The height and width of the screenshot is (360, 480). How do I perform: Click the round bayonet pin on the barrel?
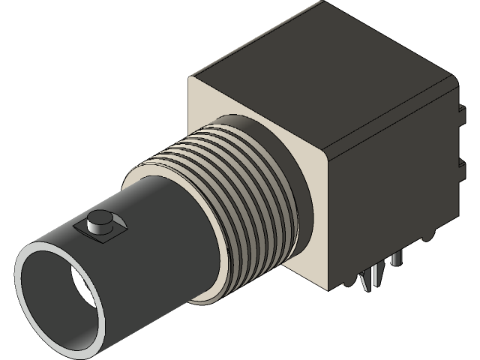point(98,221)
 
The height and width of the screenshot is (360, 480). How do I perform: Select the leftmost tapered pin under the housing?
point(365,282)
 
